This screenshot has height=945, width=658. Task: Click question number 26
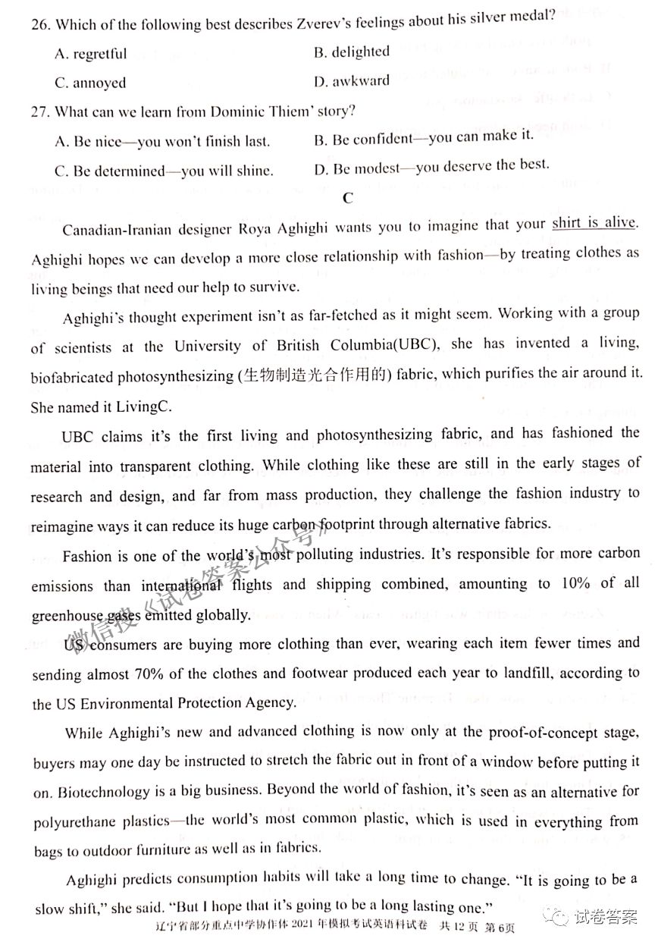coord(41,24)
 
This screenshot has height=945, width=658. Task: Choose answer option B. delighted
coord(351,52)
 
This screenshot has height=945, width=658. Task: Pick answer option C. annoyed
coord(90,83)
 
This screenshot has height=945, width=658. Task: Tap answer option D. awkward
coord(351,80)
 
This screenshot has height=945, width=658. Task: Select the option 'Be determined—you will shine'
coord(164,171)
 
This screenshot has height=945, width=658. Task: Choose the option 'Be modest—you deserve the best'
coord(431,166)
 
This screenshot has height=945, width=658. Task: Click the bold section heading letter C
coord(347,198)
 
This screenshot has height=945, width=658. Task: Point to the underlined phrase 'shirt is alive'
coord(594,223)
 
